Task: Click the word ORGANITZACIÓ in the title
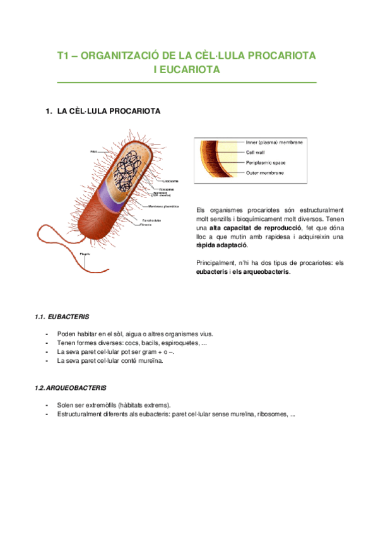pos(123,56)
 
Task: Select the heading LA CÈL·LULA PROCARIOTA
pos(109,112)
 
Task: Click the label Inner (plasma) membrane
pos(275,143)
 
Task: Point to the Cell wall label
pos(256,152)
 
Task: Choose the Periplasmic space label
pos(266,162)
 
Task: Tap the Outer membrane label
pos(264,172)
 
